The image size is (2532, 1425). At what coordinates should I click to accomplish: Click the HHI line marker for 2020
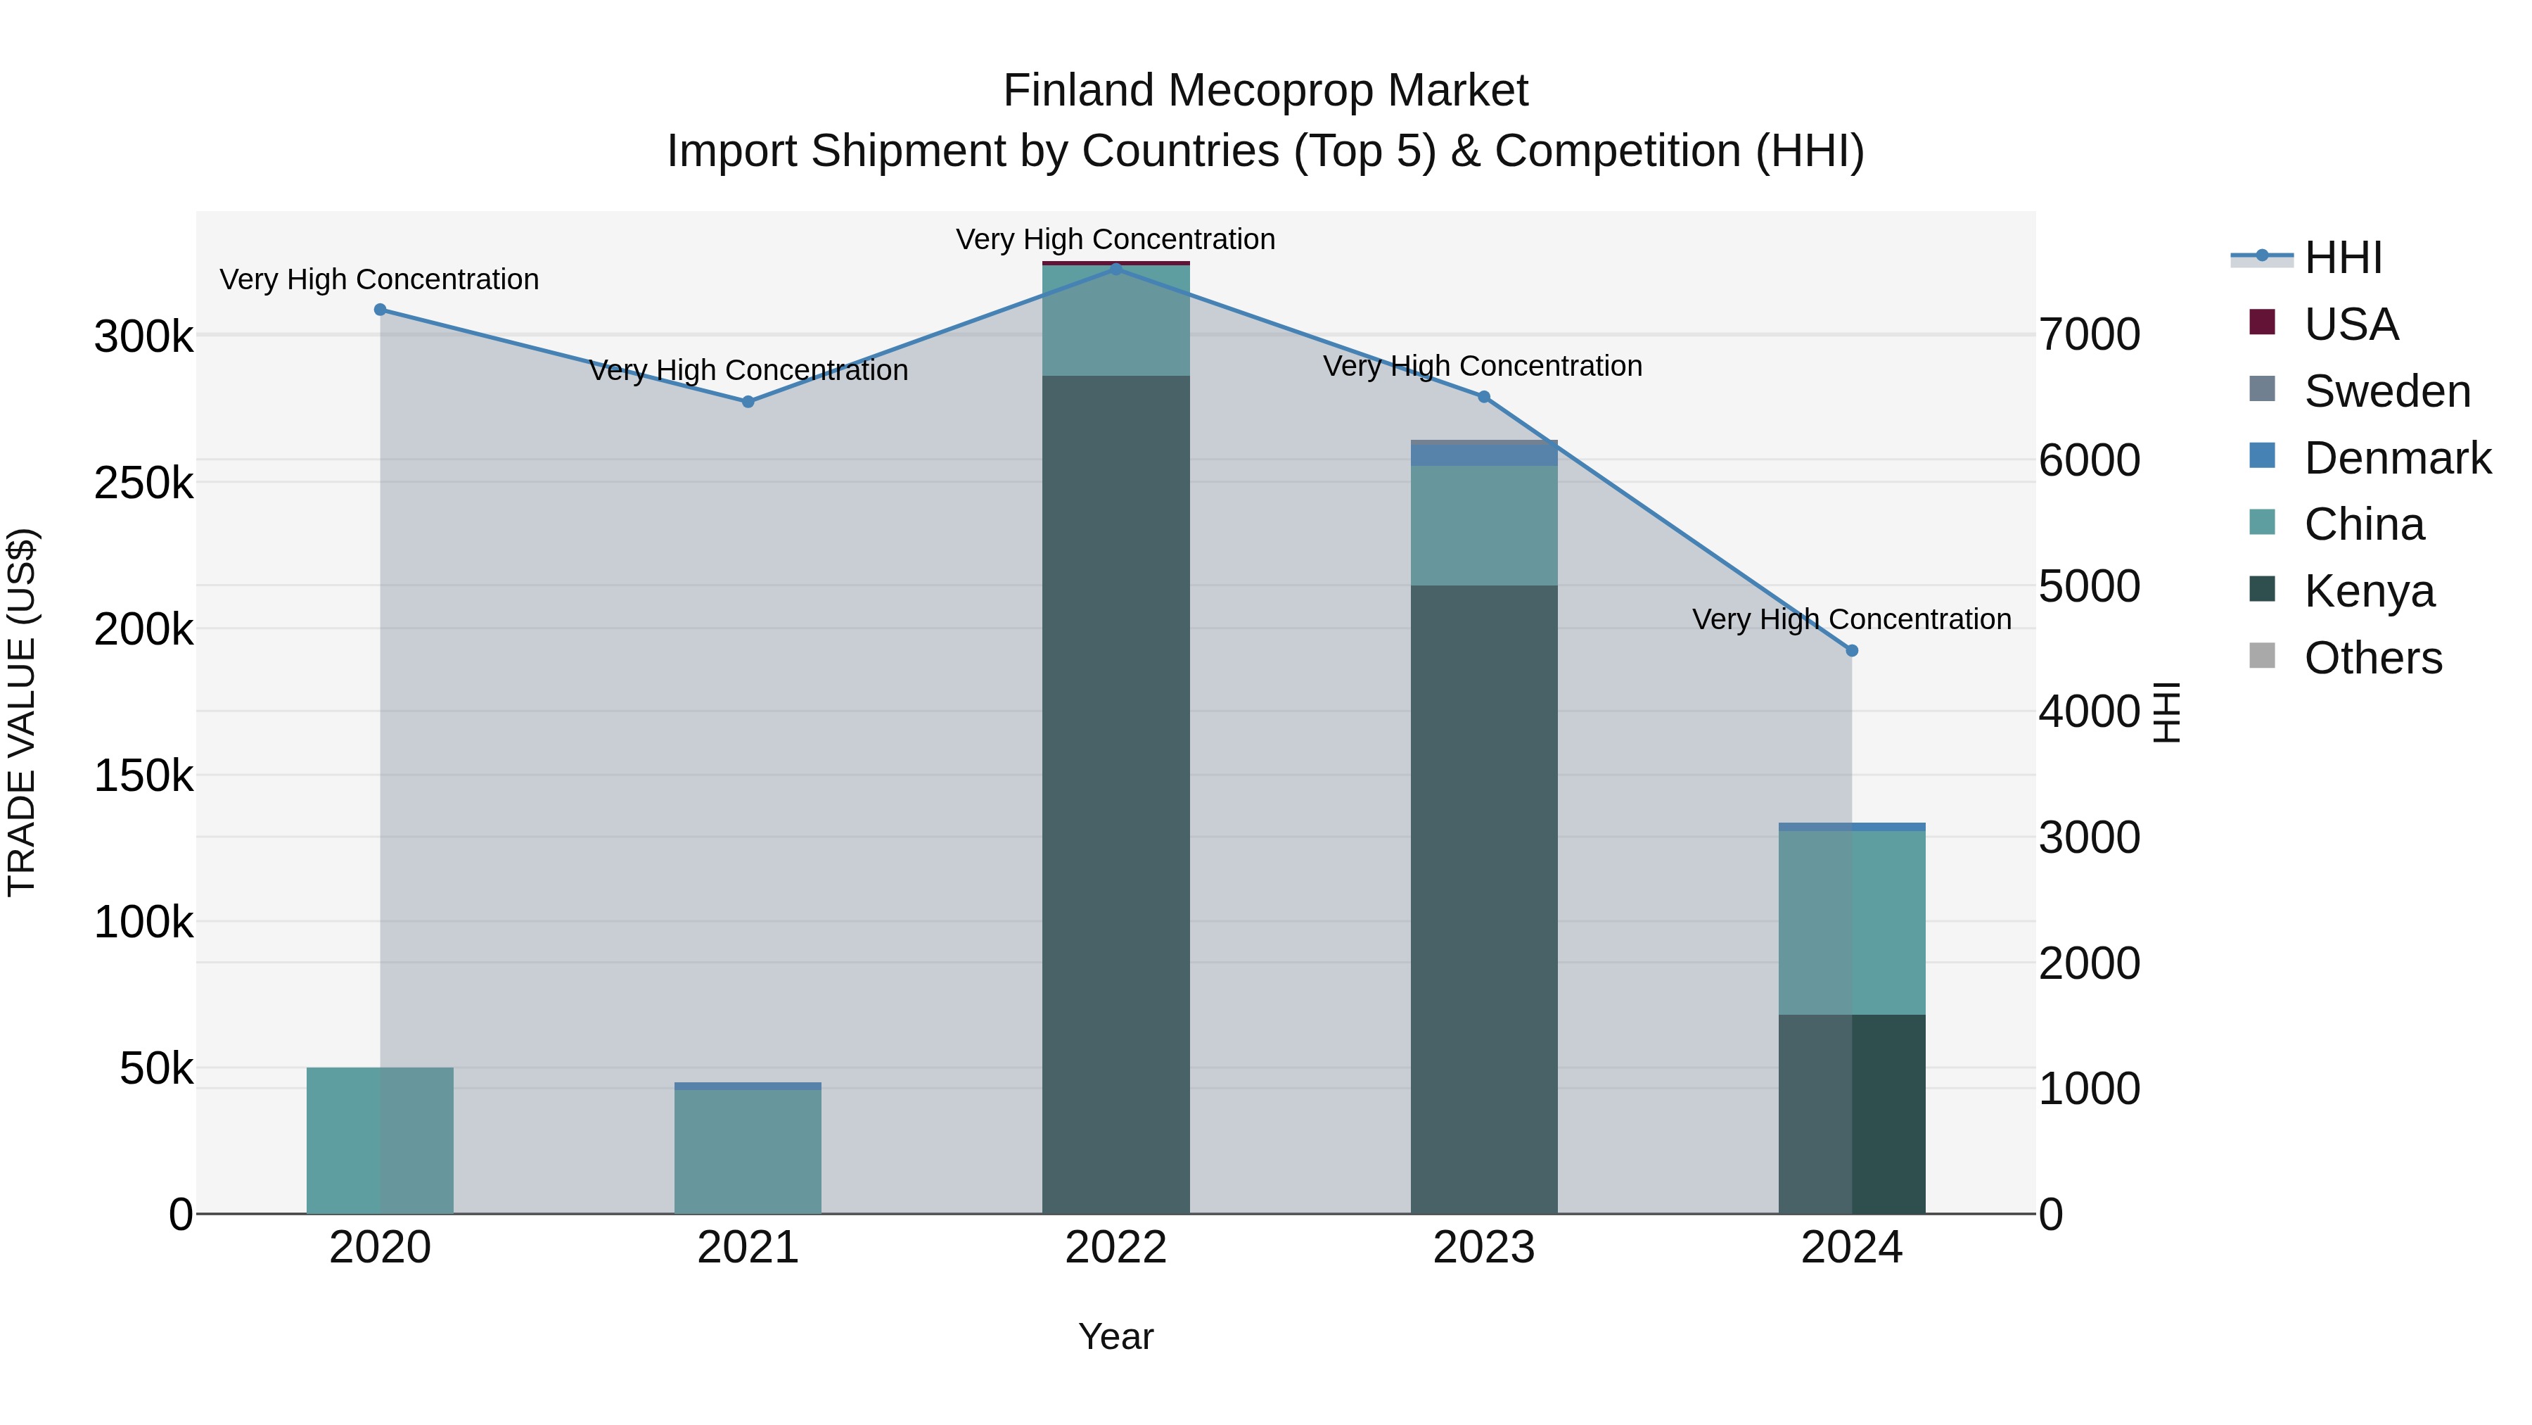click(381, 310)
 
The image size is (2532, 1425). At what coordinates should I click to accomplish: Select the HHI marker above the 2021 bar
click(748, 401)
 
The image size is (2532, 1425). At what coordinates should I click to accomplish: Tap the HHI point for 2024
click(1852, 650)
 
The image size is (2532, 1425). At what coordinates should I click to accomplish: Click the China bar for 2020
click(381, 1140)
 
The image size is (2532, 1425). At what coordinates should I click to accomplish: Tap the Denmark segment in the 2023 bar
click(1484, 455)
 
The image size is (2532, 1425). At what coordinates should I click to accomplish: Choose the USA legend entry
click(2351, 324)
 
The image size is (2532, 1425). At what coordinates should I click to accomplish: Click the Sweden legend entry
click(2386, 391)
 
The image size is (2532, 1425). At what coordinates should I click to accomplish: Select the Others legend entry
click(2373, 658)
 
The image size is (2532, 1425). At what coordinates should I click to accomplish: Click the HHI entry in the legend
click(2344, 258)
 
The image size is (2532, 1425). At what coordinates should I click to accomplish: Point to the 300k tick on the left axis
click(143, 337)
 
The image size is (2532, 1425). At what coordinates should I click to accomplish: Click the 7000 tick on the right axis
click(2090, 334)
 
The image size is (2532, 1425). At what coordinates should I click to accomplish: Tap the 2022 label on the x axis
click(1115, 1248)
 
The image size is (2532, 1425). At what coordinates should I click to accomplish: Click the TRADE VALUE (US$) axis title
click(23, 712)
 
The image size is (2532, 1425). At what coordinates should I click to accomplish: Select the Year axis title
click(1115, 1336)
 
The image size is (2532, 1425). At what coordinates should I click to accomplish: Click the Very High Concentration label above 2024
click(1852, 619)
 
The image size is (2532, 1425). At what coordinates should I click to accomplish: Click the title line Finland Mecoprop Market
click(1265, 91)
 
